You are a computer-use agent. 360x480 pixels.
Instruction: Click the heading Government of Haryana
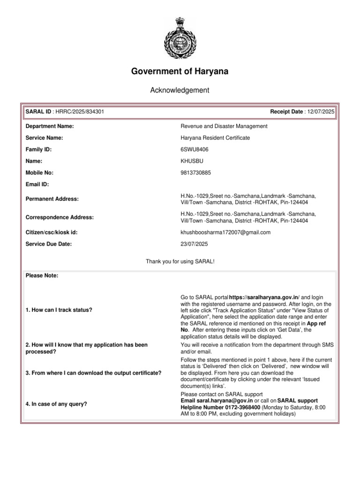(x=180, y=72)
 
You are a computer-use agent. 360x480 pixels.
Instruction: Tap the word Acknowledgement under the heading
(x=180, y=90)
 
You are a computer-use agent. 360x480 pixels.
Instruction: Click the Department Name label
(x=49, y=126)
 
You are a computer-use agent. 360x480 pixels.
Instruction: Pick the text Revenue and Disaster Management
(x=224, y=126)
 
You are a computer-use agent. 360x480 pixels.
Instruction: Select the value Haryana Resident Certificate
(x=215, y=138)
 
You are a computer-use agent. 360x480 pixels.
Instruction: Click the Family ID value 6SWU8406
(x=195, y=150)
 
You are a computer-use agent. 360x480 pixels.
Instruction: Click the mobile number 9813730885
(x=196, y=173)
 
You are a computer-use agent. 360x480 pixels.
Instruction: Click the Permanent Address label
(x=52, y=199)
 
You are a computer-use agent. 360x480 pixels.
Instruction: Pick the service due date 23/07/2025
(x=194, y=244)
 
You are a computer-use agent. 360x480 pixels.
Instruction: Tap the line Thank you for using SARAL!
(x=180, y=260)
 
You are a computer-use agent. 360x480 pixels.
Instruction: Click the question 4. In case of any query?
(x=56, y=404)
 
